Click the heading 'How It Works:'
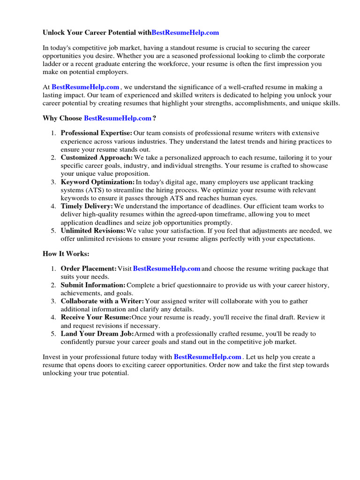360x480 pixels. [66, 254]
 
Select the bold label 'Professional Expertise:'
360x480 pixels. [97, 133]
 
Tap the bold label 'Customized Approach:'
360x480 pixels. [97, 157]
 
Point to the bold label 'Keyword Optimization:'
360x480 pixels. [97, 182]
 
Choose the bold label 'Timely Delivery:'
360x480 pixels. [87, 206]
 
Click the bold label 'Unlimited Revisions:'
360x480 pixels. [93, 231]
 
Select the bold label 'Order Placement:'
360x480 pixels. [89, 269]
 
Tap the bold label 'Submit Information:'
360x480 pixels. [93, 285]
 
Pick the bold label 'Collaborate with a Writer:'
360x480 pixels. [102, 301]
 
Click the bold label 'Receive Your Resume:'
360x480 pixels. [96, 317]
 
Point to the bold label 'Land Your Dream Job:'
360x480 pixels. [97, 334]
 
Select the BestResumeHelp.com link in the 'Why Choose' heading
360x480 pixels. [118, 118]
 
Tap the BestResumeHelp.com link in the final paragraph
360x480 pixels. [208, 357]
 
